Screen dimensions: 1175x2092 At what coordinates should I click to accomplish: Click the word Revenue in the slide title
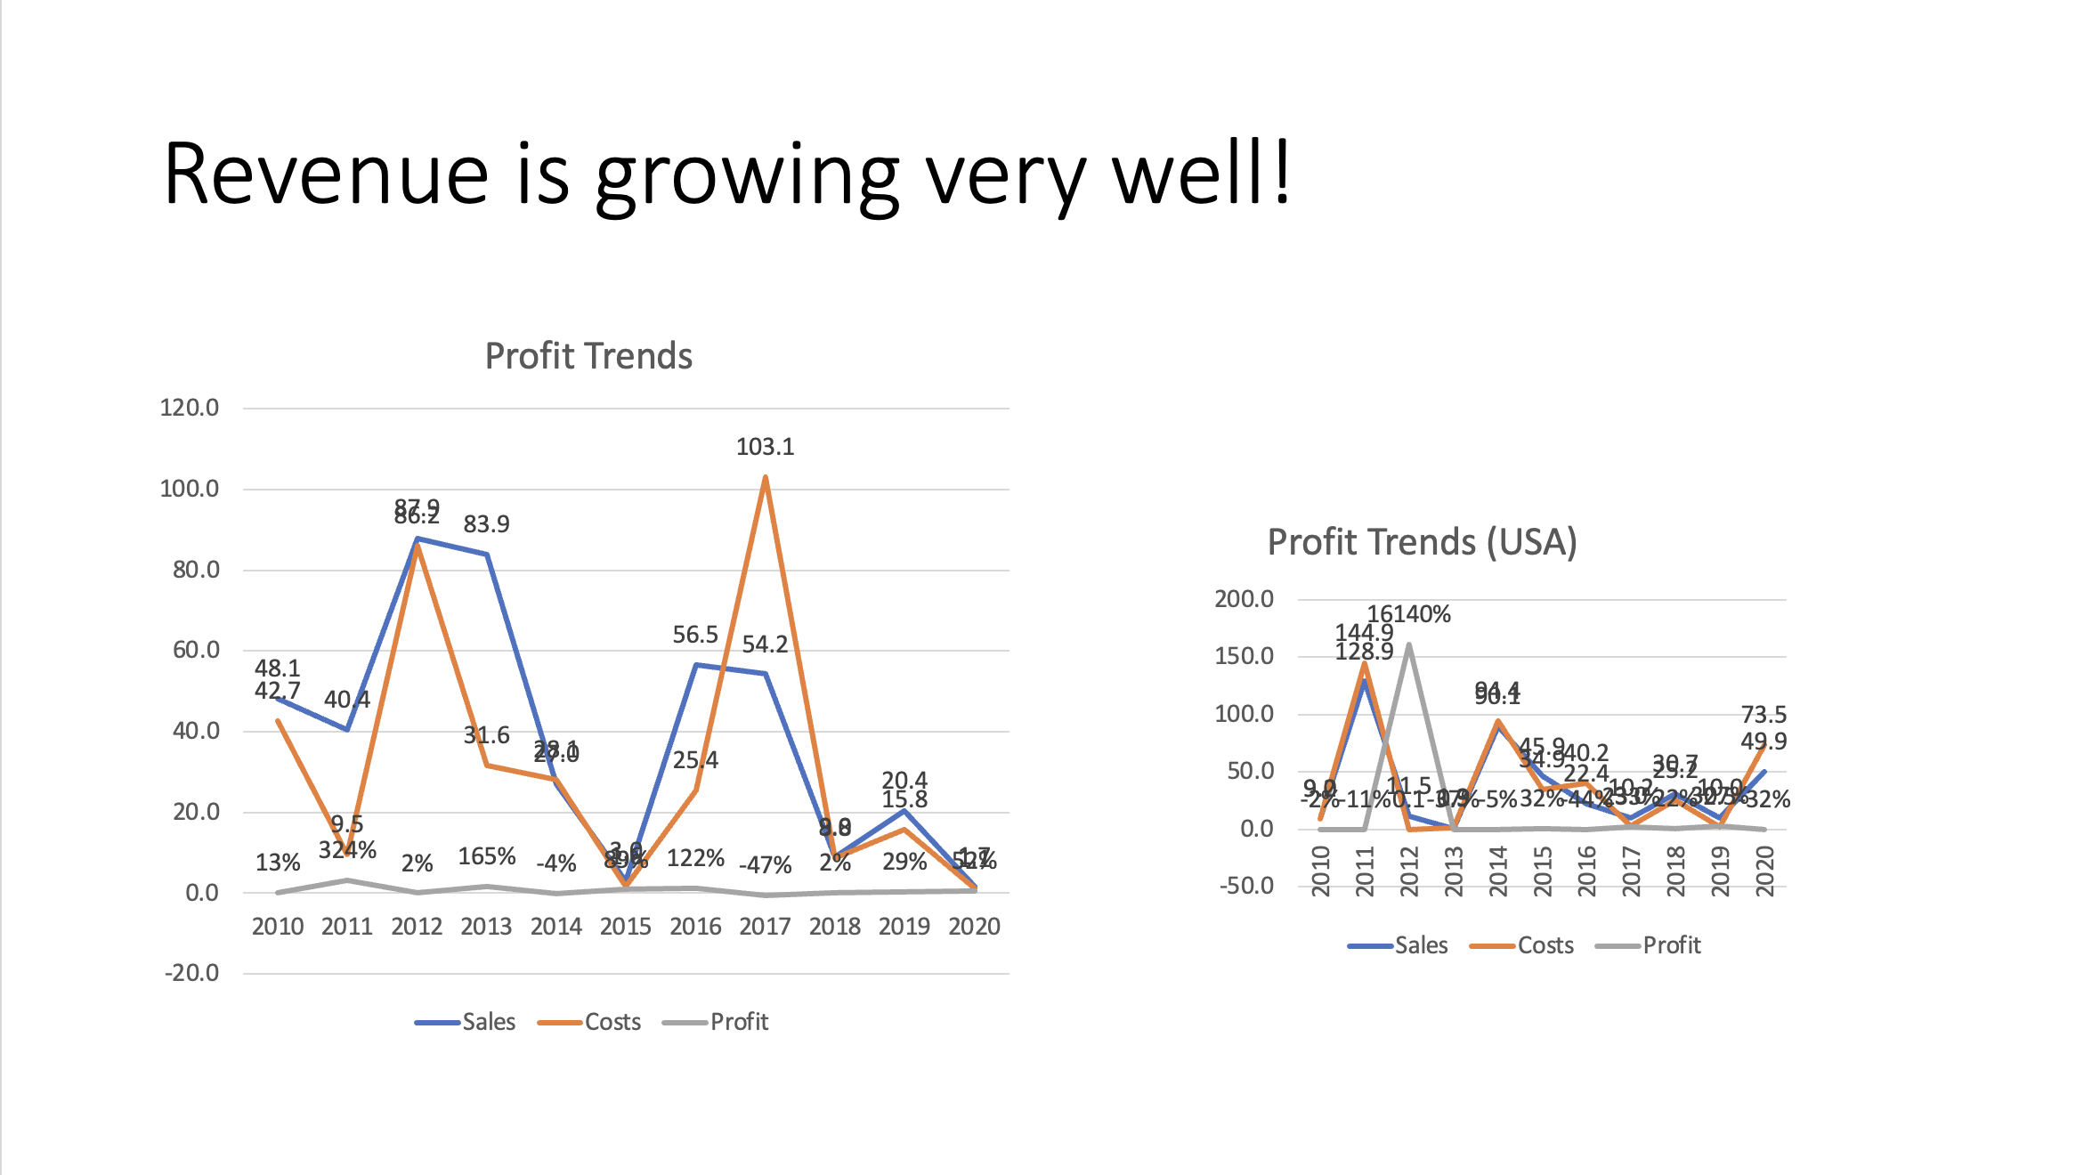(x=326, y=174)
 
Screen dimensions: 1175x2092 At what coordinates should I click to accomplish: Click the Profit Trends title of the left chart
(x=588, y=356)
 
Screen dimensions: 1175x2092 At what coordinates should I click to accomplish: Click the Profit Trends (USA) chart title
(x=1422, y=542)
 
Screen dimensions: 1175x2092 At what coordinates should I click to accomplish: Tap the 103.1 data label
(x=765, y=447)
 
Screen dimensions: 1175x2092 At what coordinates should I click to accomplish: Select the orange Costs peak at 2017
(x=766, y=479)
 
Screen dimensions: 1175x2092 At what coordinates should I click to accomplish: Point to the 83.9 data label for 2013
(x=486, y=524)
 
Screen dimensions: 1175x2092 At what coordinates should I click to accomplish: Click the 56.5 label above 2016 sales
(x=694, y=635)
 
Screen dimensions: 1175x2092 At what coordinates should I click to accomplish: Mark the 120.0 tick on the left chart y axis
(x=189, y=408)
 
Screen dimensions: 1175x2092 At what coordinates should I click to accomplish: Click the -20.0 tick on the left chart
(x=191, y=973)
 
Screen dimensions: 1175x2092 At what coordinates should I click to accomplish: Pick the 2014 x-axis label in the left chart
(x=555, y=927)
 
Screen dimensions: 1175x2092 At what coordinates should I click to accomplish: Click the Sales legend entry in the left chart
(x=487, y=1022)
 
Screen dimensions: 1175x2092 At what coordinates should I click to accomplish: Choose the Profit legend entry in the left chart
(x=738, y=1022)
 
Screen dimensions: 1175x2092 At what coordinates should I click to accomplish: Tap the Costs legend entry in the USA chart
(x=1545, y=945)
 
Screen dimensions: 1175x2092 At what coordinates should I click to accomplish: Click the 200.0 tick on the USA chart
(x=1244, y=599)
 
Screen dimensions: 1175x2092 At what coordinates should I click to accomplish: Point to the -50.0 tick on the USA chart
(x=1246, y=886)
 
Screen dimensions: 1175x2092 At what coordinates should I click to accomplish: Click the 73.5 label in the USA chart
(x=1764, y=715)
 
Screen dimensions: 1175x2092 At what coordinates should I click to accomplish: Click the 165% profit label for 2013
(x=486, y=856)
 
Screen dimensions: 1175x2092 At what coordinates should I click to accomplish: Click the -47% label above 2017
(x=765, y=865)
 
